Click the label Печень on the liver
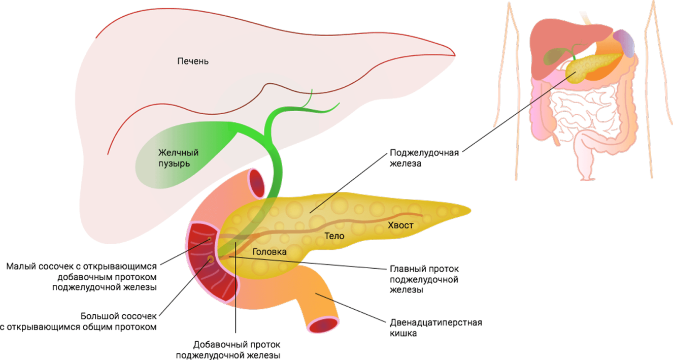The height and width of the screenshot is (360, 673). click(193, 61)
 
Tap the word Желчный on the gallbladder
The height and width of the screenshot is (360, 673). click(178, 153)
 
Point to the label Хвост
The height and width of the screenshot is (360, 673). click(400, 225)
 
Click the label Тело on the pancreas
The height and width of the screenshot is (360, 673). click(334, 236)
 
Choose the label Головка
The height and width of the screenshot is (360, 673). click(269, 252)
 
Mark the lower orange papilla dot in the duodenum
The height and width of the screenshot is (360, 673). click(210, 259)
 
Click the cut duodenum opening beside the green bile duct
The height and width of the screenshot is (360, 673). click(257, 182)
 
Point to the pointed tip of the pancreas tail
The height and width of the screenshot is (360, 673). click(470, 210)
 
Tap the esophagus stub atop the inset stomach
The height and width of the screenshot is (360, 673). click(586, 18)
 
